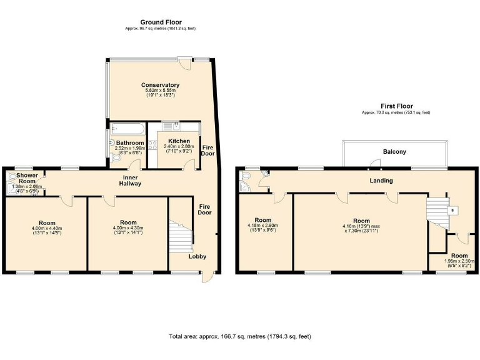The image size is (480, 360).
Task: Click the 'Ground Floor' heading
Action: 161,22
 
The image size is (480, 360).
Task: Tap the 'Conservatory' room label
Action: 160,85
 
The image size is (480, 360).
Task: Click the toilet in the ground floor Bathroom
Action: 117,158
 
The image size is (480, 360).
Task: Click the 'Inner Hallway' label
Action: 131,180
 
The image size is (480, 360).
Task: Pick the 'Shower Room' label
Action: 26,178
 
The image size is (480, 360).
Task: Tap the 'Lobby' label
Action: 197,256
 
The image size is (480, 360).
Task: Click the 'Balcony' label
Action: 394,152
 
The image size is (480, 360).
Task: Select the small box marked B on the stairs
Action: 452,211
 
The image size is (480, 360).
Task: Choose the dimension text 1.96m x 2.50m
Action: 459,262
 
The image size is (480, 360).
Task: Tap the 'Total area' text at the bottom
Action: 240,336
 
